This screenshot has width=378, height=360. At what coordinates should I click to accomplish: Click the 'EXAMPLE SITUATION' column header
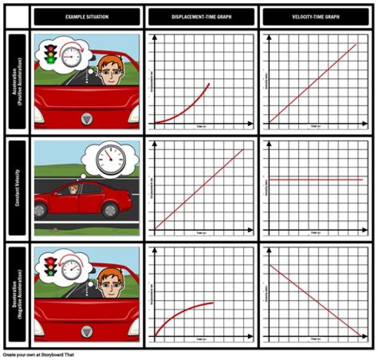point(87,17)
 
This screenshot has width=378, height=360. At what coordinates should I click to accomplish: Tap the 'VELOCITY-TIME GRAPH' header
point(316,17)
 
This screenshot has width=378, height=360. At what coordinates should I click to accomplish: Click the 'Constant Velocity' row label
point(17,188)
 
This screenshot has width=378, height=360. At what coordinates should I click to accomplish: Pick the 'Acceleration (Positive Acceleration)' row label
point(17,81)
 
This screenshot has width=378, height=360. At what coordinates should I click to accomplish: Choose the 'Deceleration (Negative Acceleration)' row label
point(17,294)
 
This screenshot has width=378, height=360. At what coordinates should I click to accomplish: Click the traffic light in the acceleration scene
point(50,54)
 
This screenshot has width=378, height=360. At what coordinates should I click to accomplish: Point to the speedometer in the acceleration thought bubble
point(71,56)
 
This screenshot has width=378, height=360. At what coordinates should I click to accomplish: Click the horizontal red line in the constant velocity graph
point(315,180)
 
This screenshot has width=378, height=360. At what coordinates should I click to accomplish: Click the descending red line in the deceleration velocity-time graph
point(315,301)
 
